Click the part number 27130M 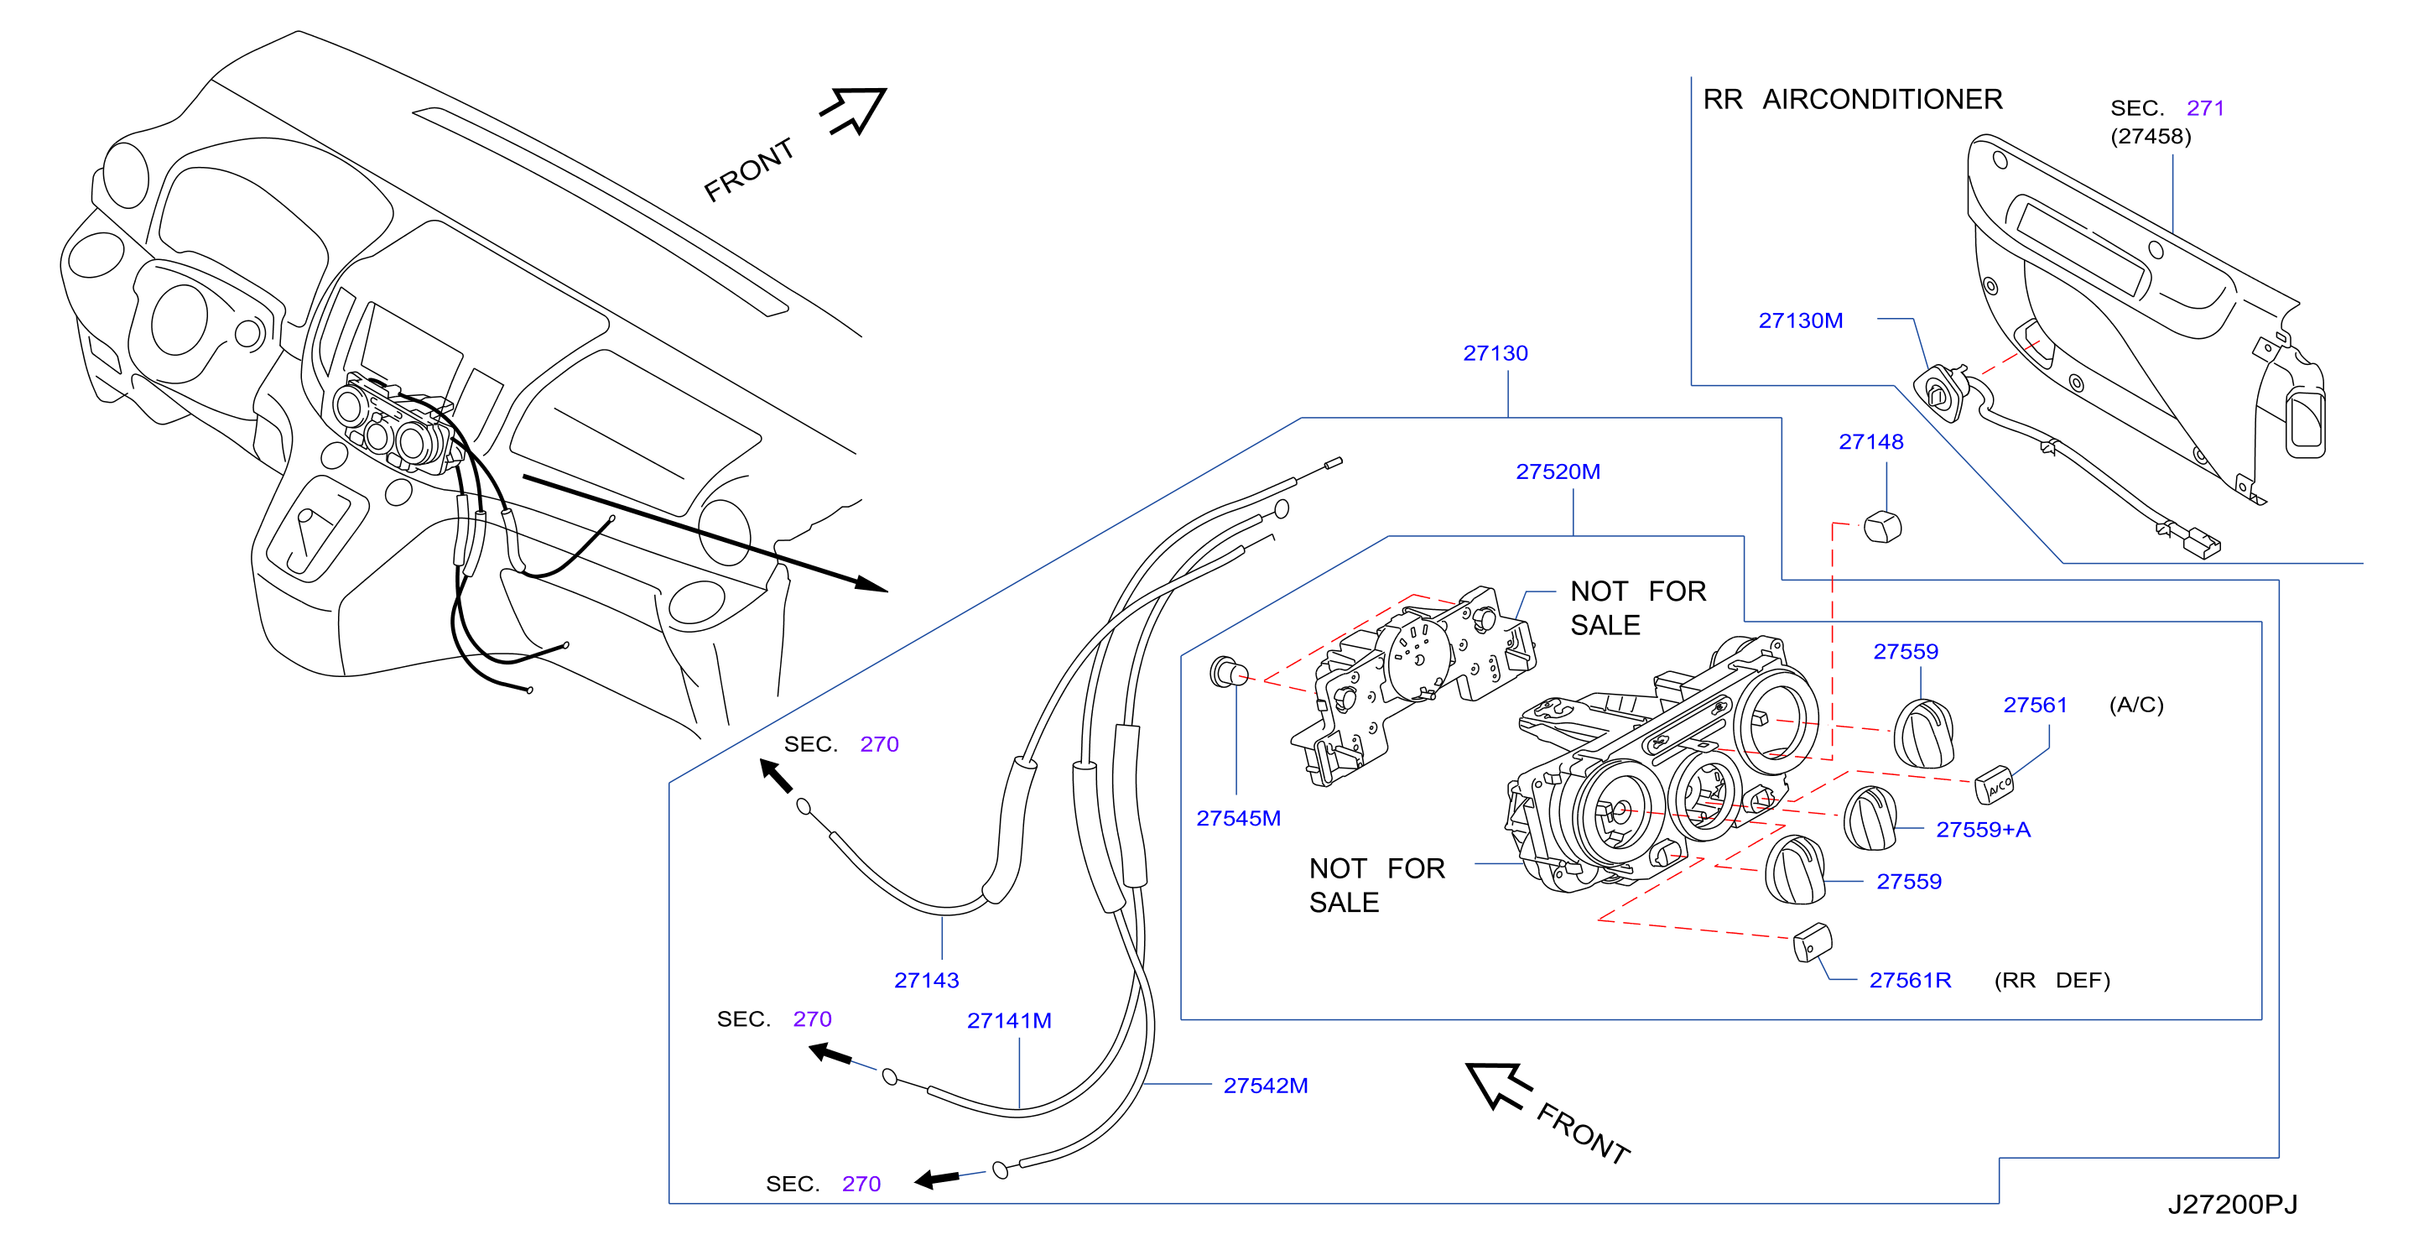pyautogui.click(x=1800, y=320)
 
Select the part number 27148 pyautogui.click(x=1870, y=442)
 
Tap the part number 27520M pyautogui.click(x=1558, y=472)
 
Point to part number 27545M pyautogui.click(x=1238, y=819)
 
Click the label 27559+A pyautogui.click(x=1983, y=830)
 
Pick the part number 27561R pyautogui.click(x=1910, y=981)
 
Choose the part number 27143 pyautogui.click(x=926, y=981)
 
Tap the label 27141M pyautogui.click(x=1009, y=1021)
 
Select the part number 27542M pyautogui.click(x=1266, y=1086)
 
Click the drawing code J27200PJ pyautogui.click(x=2232, y=1206)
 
